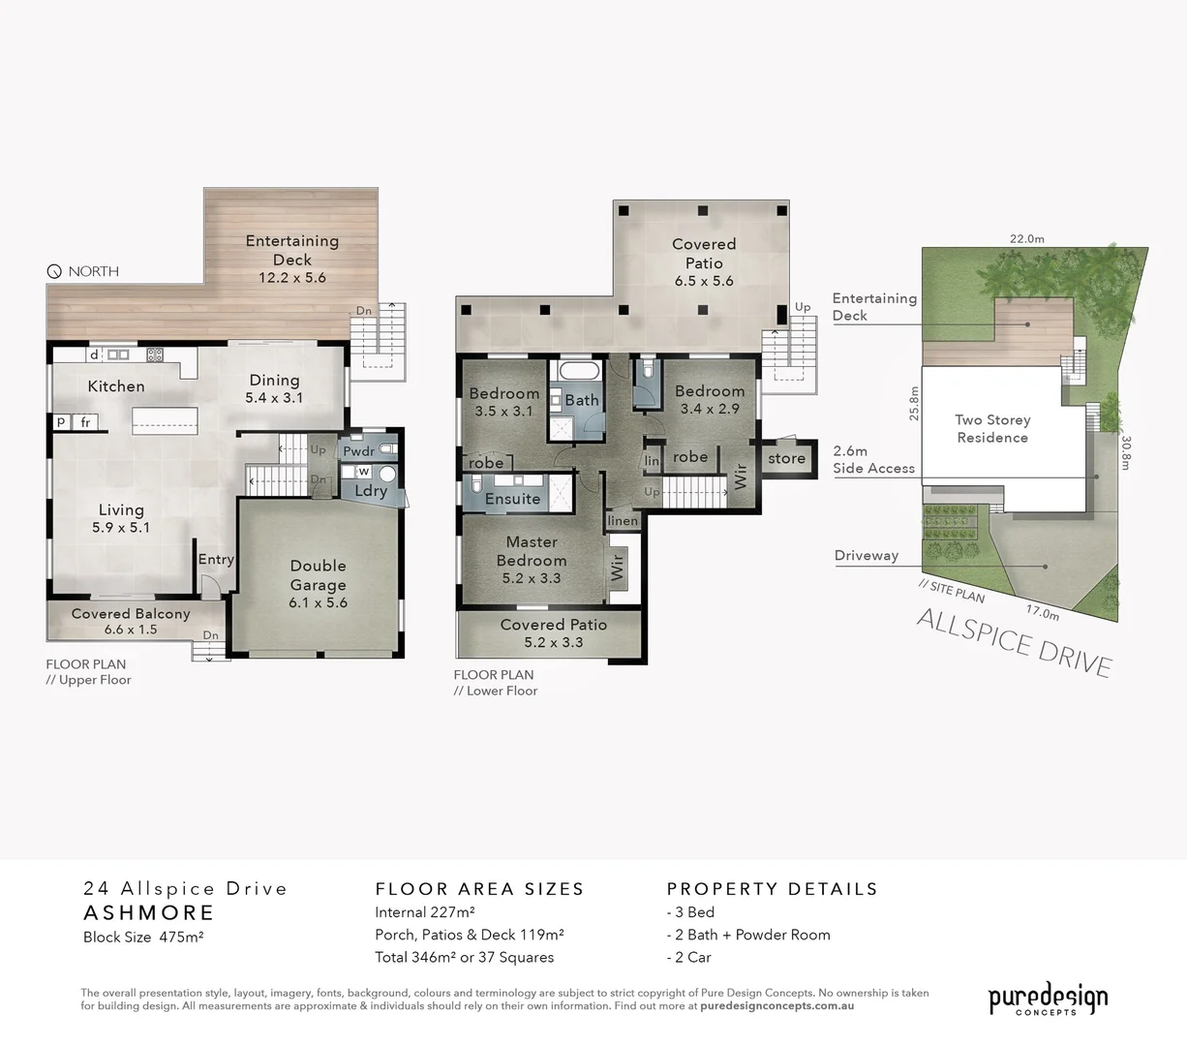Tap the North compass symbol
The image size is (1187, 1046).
click(54, 272)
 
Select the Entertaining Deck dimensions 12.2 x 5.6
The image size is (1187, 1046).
click(291, 278)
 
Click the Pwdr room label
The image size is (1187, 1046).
click(358, 451)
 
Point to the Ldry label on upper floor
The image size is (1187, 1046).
click(371, 491)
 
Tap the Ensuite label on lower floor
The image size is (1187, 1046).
click(512, 499)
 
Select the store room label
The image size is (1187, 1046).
click(786, 459)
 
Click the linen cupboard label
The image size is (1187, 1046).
click(623, 521)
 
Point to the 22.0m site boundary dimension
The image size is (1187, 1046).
click(1026, 239)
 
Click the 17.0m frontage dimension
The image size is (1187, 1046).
click(1043, 612)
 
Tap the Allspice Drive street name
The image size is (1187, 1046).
click(1014, 641)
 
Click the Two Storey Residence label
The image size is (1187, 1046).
click(992, 429)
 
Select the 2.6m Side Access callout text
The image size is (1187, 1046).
click(873, 460)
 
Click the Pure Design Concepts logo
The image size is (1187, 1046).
click(1047, 1000)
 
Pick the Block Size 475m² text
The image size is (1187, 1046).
click(143, 937)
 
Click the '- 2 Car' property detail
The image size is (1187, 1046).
click(689, 957)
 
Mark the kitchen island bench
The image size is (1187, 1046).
click(166, 418)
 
